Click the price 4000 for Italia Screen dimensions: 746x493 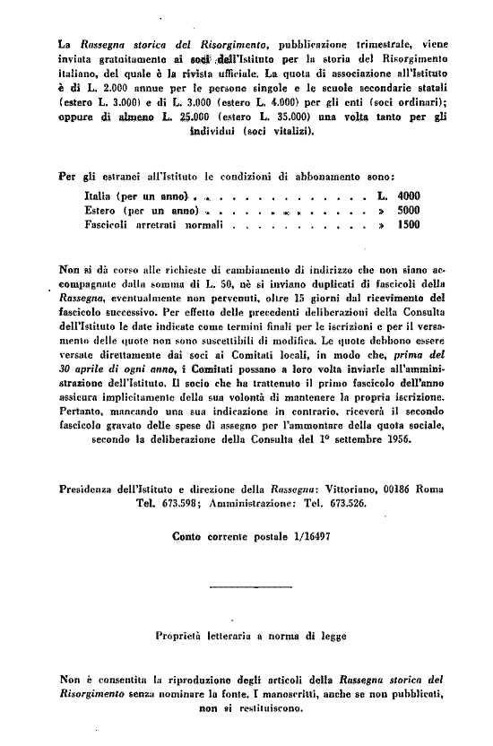point(408,195)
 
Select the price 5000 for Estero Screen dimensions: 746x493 point(408,211)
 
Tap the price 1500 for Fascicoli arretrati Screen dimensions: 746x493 point(408,226)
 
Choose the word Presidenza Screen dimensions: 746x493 point(87,490)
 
